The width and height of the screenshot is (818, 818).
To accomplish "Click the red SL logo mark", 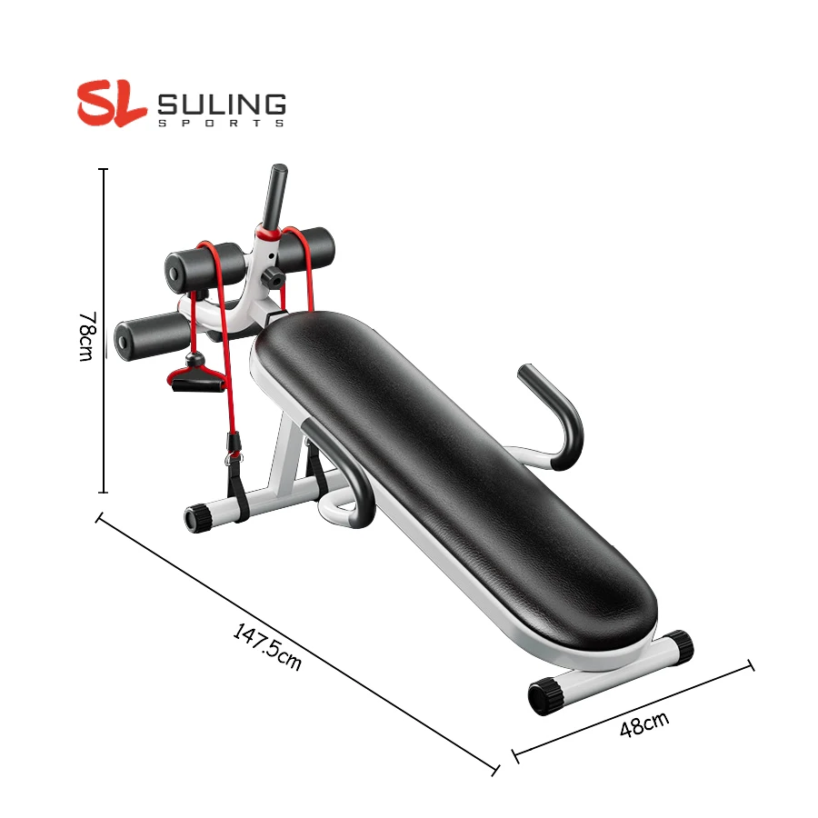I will (111, 103).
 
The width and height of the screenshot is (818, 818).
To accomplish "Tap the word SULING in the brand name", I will (222, 104).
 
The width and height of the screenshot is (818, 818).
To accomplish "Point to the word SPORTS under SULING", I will (222, 123).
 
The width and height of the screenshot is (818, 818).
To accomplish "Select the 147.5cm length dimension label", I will (266, 646).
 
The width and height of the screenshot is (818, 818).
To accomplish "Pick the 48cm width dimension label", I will (643, 724).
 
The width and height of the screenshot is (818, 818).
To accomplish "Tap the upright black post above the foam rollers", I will (276, 195).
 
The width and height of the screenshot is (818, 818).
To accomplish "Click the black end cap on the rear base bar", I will (198, 518).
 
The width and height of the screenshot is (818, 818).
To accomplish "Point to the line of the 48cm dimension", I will (633, 709).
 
